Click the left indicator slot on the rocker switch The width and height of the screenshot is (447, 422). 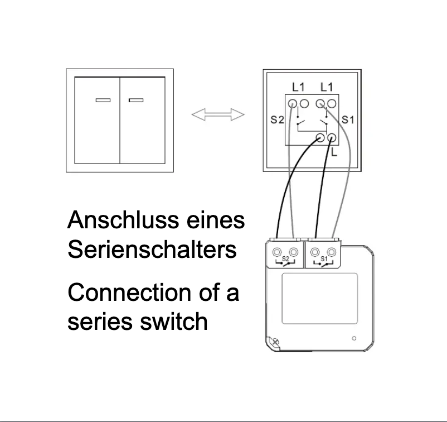pyautogui.click(x=103, y=100)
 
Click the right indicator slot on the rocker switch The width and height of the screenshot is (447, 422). pyautogui.click(x=136, y=100)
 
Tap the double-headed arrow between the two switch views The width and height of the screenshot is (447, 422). pyautogui.click(x=218, y=115)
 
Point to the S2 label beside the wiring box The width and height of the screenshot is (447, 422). pyautogui.click(x=277, y=119)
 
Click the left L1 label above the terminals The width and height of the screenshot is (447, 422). pyautogui.click(x=298, y=87)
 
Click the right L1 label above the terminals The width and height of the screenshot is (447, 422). pyautogui.click(x=327, y=87)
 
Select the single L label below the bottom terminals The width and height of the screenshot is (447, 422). pyautogui.click(x=334, y=151)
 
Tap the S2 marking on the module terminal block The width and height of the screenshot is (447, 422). pyautogui.click(x=285, y=259)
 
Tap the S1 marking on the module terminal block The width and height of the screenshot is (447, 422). pyautogui.click(x=324, y=259)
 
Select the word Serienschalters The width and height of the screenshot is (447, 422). pyautogui.click(x=152, y=250)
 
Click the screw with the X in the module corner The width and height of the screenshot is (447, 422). pyautogui.click(x=274, y=342)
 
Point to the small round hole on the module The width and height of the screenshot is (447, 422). pyautogui.click(x=354, y=338)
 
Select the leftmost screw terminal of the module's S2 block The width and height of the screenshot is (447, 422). pyautogui.click(x=278, y=252)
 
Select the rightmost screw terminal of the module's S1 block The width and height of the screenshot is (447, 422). pyautogui.click(x=332, y=252)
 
